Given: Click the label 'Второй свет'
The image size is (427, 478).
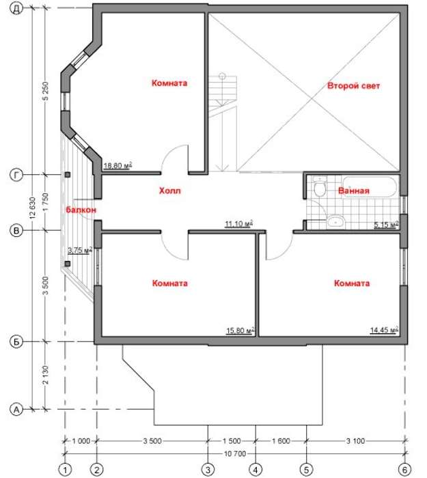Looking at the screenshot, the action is coord(353,85).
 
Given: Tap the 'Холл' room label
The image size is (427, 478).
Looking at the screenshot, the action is coord(170,191).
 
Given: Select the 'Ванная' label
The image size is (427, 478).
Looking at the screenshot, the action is coord(354,191).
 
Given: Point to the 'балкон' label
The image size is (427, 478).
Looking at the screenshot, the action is coord(81,210).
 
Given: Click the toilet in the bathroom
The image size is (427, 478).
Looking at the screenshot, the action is coord(320,186).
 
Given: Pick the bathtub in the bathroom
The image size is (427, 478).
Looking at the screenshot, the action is coord(370,186).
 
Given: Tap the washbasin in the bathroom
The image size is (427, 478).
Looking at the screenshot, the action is coord(336,222).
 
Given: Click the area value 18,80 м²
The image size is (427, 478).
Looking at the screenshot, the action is coord(118,165).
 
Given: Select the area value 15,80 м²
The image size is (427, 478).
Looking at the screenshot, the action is coord(240,331).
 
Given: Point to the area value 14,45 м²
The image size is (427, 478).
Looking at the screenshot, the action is coord(384,330).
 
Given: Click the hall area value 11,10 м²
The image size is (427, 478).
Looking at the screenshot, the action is coord(239,224).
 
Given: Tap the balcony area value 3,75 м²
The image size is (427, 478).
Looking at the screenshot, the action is coord(80,250).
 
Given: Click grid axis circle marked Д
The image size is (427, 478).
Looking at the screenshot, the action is coord(16,8).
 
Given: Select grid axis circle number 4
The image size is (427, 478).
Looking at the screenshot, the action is coord(256,470).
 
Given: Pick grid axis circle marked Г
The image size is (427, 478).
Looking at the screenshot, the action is coord(16,175).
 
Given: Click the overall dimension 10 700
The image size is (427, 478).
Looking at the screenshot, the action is coord(235,454).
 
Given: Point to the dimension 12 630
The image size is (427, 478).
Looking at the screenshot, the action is coord(33,208).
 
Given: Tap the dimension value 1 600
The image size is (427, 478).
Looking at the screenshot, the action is coord(281,441).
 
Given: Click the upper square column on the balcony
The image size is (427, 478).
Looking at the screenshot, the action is coord(68,175).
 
